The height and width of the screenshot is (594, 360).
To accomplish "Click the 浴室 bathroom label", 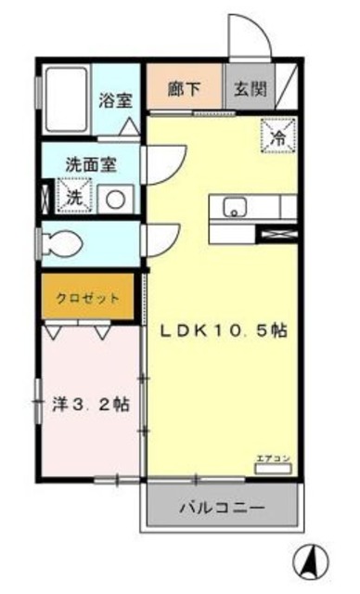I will tap(117, 100).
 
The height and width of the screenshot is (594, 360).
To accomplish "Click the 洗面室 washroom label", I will tap(90, 162).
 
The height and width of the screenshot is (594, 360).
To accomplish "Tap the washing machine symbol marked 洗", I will tap(73, 195).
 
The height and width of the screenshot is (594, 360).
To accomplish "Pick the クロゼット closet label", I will tap(88, 298).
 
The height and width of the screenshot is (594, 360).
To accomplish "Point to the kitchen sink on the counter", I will tap(233, 207).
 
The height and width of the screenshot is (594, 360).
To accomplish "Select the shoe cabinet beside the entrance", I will tap(288, 88).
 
